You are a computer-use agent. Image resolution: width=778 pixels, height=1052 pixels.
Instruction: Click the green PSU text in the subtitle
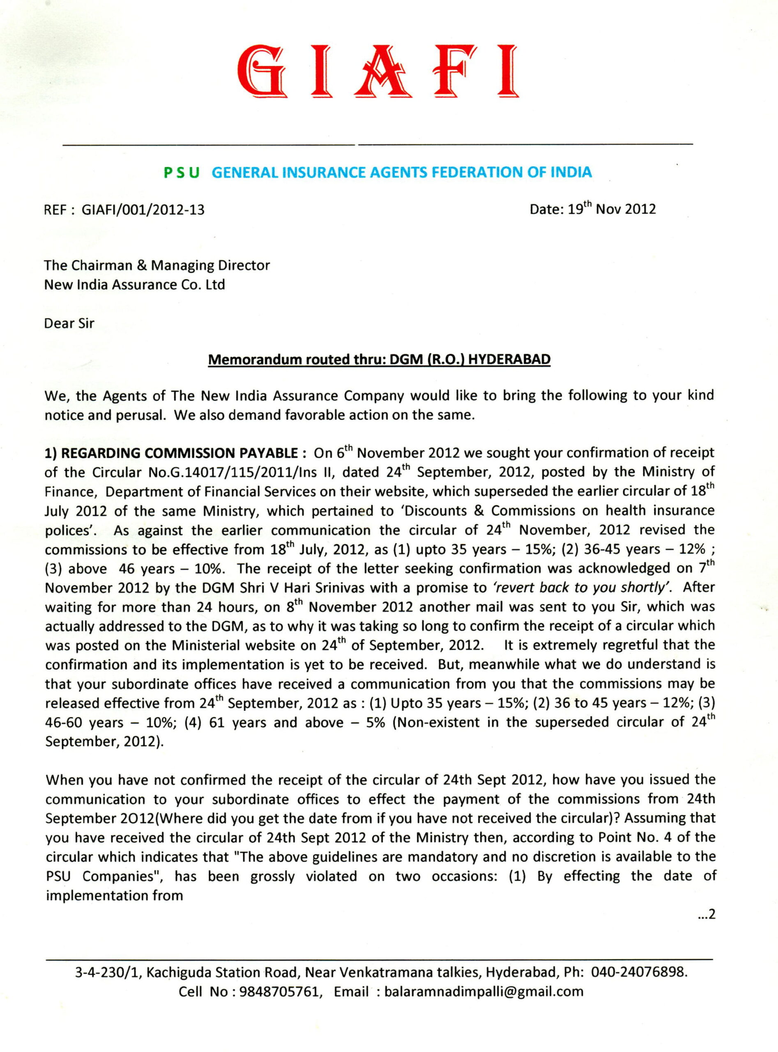pos(181,173)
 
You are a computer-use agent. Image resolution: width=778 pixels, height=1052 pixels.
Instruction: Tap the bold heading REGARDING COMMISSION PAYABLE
pos(179,453)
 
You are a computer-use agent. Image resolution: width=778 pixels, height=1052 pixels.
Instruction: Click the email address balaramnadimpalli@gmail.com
pos(483,992)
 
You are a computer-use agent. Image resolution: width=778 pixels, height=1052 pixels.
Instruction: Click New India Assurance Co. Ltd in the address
pos(135,284)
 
